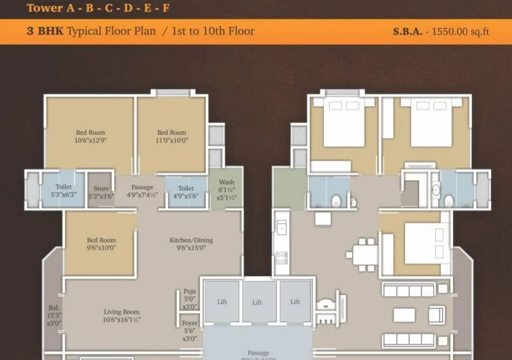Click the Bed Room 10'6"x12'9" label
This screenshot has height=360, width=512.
point(90,137)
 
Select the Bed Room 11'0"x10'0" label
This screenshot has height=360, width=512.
point(172,137)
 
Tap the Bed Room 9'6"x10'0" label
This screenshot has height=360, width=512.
point(101,244)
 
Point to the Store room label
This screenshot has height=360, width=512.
point(101,192)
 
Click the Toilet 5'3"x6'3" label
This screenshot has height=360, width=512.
point(63,190)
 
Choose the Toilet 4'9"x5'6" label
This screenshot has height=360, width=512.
point(185,192)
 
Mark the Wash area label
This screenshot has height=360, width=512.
point(226,190)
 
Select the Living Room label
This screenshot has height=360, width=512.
point(121,316)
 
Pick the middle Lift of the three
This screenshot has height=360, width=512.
point(257,302)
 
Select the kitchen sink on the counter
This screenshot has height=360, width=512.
point(281,228)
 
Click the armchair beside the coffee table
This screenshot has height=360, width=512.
point(436,314)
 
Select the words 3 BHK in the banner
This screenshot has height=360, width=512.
point(45,31)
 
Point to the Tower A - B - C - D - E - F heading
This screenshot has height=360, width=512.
point(98,7)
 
